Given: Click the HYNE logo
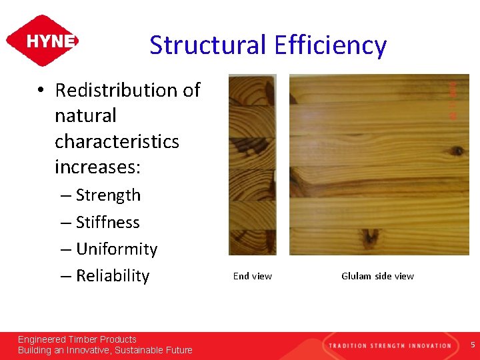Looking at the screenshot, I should tap(42, 41).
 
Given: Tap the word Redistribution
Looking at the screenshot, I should tap(127, 90).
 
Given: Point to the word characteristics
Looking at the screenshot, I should tap(117, 141).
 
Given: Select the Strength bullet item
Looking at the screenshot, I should tap(108, 195).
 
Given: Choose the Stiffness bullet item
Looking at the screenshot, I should tap(107, 222).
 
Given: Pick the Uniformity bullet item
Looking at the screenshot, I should tap(117, 249).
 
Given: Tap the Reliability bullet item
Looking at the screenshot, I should tap(112, 275).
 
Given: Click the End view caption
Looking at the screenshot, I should tap(252, 276).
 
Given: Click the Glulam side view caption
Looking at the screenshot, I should tap(377, 276).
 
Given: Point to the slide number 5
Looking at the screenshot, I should tap(473, 345).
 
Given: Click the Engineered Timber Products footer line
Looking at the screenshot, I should tap(77, 339).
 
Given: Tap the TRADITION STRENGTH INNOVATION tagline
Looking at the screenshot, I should tap(389, 345).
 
